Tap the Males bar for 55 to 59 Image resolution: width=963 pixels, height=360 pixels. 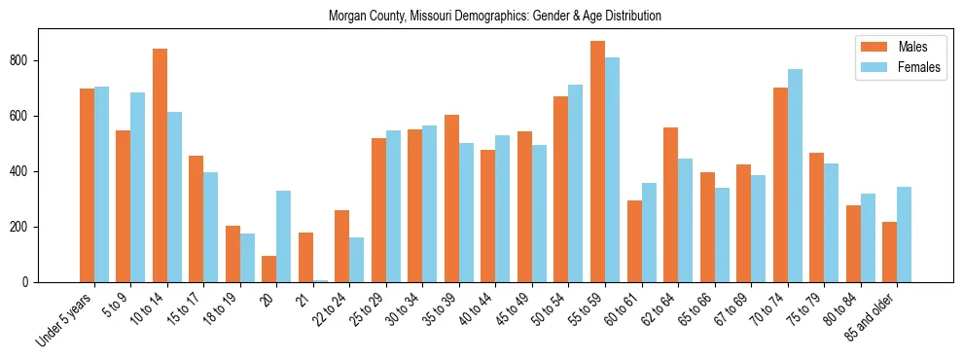click(597, 162)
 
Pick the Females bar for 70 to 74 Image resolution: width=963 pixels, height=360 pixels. click(795, 175)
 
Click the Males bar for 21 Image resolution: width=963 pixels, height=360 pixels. click(305, 257)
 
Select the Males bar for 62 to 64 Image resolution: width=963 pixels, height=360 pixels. click(670, 204)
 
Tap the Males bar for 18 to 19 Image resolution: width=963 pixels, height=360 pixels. click(232, 254)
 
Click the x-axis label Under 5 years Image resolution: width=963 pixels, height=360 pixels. click(66, 319)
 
